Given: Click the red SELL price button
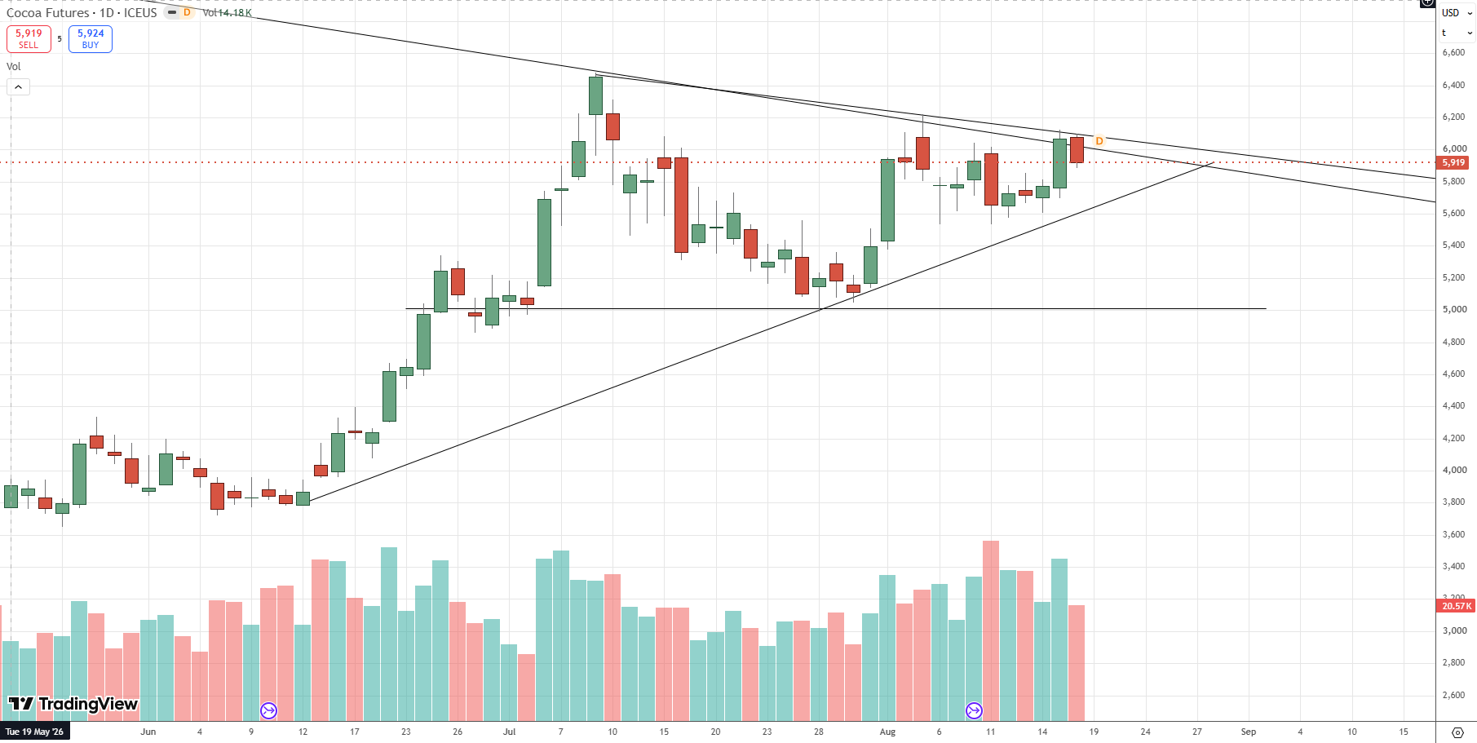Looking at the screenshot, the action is pyautogui.click(x=29, y=39).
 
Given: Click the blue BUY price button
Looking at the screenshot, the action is pyautogui.click(x=91, y=39).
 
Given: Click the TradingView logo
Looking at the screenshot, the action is pyautogui.click(x=73, y=704).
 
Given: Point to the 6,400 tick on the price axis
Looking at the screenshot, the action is pyautogui.click(x=1453, y=85).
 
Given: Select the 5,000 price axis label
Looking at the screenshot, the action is pyautogui.click(x=1453, y=309).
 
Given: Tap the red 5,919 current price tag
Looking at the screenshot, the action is pyautogui.click(x=1453, y=162).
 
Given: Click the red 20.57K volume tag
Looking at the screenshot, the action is pyautogui.click(x=1456, y=606).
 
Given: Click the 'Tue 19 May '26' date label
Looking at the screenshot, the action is pyautogui.click(x=34, y=732).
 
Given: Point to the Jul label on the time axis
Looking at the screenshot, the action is pyautogui.click(x=509, y=732).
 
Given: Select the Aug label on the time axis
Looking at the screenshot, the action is pyautogui.click(x=887, y=732).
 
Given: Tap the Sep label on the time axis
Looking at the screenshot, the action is pyautogui.click(x=1248, y=732).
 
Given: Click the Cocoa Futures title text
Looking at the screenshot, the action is pyautogui.click(x=48, y=13).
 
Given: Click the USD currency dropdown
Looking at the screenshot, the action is pyautogui.click(x=1457, y=13).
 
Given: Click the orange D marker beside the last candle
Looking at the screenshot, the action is pyautogui.click(x=1099, y=141).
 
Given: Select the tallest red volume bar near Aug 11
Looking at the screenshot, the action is pyautogui.click(x=991, y=631).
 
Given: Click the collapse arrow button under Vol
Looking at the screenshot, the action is pyautogui.click(x=19, y=86).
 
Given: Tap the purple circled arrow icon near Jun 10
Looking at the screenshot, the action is pyautogui.click(x=268, y=710).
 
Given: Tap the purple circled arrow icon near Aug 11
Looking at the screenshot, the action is pyautogui.click(x=974, y=710).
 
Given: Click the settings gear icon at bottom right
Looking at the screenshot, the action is pyautogui.click(x=1458, y=732).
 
